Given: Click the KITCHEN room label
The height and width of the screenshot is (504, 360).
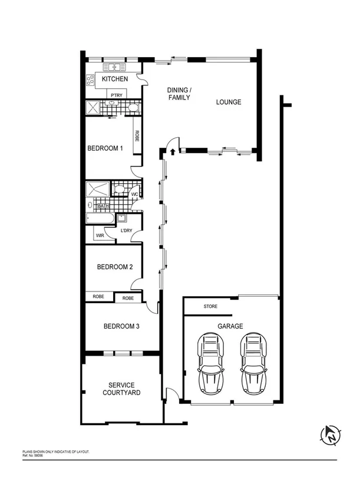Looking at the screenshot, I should coord(115,79).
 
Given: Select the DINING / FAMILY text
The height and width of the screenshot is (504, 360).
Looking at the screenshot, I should coord(179,94).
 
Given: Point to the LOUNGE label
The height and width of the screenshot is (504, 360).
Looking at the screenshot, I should coord(229,102).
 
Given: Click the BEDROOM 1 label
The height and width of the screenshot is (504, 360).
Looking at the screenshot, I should coord(105,148).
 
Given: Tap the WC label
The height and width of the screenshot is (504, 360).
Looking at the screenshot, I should coord(134,194).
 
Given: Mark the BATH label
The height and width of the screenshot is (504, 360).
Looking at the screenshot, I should coord(103,206).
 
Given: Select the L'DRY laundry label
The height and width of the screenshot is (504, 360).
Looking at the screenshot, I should coord(125,230).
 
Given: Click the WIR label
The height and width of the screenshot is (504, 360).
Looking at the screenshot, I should coord(100,235).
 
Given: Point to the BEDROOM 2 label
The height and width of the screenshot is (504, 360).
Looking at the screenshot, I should coord(115,267).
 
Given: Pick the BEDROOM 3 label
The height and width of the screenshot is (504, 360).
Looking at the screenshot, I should coord(121,326).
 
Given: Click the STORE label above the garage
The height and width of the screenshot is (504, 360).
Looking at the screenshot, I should coord(210,307).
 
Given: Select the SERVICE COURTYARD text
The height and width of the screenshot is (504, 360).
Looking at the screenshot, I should coord(121,389).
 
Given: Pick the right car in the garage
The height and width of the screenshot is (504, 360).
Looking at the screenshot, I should coord(251,364).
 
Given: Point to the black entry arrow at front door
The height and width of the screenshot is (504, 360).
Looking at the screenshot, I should coord(172,152).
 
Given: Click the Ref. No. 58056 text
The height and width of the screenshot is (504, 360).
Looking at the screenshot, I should coord(34,455).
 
